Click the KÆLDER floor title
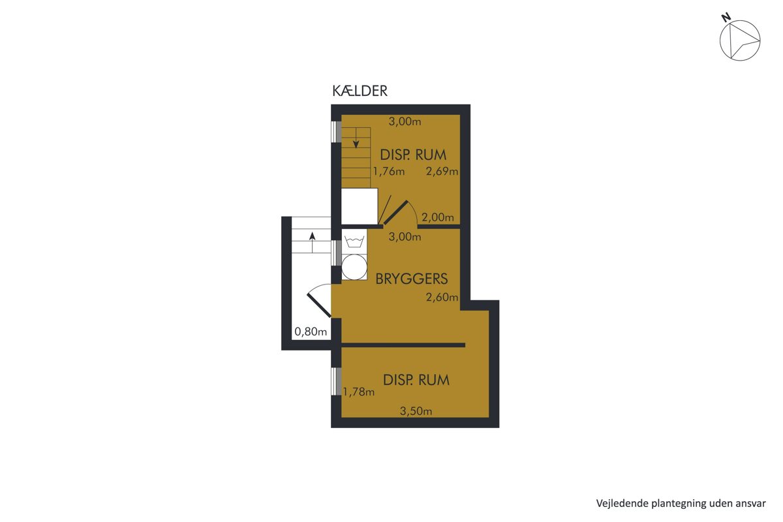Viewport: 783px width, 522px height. tap(360, 91)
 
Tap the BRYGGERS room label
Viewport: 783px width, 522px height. tap(412, 279)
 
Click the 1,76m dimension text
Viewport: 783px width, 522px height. tap(389, 172)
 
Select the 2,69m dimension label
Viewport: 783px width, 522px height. tap(442, 172)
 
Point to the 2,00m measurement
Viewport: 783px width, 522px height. tap(438, 217)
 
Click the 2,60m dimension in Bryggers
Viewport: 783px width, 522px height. tap(442, 297)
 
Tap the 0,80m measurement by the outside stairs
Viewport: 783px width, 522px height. tap(311, 331)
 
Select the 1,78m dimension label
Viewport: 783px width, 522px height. tap(359, 392)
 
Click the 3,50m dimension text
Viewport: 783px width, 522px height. tap(416, 411)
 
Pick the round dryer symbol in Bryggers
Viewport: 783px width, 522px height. tap(354, 268)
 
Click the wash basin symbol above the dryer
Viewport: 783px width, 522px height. tap(354, 241)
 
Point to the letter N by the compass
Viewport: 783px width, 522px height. tap(726, 18)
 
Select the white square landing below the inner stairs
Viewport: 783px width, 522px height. tap(360, 206)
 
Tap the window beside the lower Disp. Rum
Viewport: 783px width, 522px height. tap(336, 382)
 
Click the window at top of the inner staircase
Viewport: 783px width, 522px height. tap(336, 131)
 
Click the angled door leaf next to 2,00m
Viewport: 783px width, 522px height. tap(395, 212)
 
